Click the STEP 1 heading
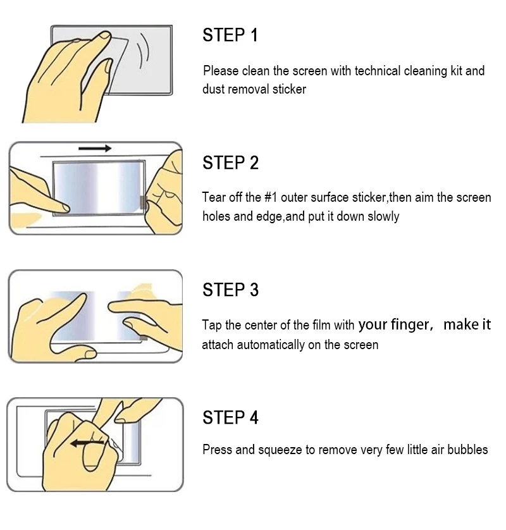tap(230, 35)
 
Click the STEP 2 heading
tap(230, 163)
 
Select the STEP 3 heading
tap(230, 290)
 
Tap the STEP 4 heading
tap(230, 418)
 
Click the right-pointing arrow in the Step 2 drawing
tap(95, 149)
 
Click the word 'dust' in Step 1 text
tap(213, 89)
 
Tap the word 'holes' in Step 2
tap(217, 216)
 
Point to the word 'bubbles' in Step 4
tap(467, 450)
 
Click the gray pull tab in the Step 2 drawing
tap(144, 203)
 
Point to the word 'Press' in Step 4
tap(216, 450)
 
